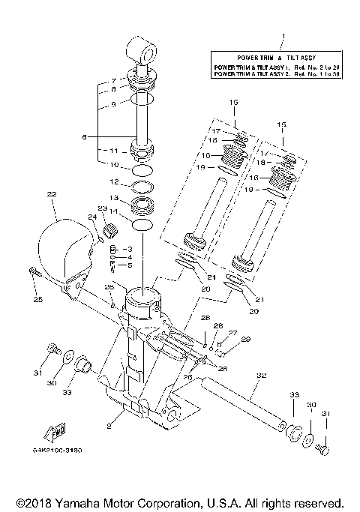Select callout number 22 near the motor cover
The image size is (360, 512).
coord(52,194)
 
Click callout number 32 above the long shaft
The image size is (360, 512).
coord(260,375)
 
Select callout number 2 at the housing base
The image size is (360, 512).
coord(110,425)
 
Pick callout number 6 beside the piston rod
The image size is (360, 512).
coord(85,136)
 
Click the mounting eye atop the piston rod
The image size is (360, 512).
coord(144,50)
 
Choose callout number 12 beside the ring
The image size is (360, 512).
coord(115,181)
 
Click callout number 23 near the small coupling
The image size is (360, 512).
coord(103,208)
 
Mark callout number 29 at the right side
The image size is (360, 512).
coord(245,340)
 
